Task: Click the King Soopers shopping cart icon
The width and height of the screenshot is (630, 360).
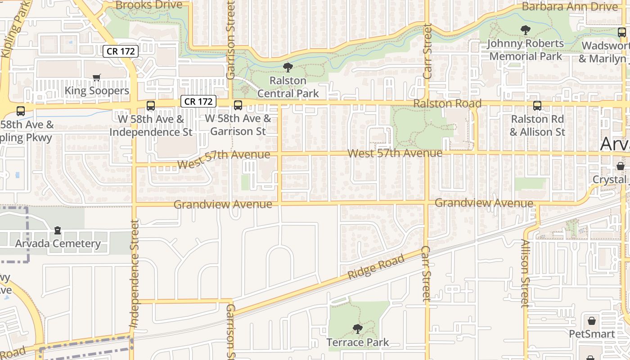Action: tap(96, 78)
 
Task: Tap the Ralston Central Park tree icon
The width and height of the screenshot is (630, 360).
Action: tap(288, 67)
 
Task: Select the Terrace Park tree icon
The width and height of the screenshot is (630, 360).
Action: tap(358, 329)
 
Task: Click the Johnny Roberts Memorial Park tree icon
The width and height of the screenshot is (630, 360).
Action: tap(525, 30)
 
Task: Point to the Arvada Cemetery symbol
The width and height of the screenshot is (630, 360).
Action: tap(58, 230)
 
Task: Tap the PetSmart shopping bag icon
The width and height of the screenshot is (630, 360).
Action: tap(592, 321)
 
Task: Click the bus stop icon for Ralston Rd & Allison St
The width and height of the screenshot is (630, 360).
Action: tap(537, 106)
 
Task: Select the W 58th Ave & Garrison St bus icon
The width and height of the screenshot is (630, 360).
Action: tap(238, 106)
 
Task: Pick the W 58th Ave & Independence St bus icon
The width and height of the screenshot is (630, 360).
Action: tap(151, 106)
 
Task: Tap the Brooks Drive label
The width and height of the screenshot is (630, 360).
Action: tap(149, 5)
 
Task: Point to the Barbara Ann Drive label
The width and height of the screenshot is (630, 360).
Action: tap(570, 7)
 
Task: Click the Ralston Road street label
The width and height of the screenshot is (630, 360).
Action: tap(447, 103)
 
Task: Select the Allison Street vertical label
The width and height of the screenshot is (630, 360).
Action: tap(525, 273)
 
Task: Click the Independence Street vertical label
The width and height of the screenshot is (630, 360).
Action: tap(134, 273)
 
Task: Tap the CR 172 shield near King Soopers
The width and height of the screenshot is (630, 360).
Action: tap(121, 51)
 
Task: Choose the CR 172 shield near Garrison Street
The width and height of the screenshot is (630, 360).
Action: tap(198, 101)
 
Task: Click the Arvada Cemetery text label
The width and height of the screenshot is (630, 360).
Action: tap(58, 243)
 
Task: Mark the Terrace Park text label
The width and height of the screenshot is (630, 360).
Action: tap(358, 342)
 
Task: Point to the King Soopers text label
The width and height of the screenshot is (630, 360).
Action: tap(97, 91)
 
